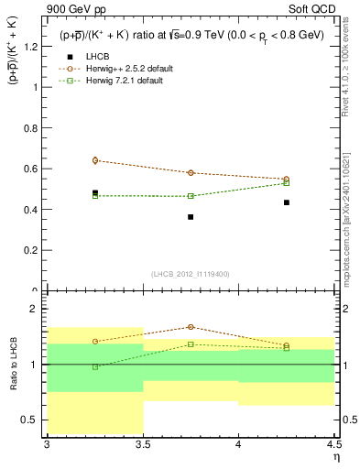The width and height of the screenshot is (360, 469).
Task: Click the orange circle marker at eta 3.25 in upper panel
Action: coord(95,160)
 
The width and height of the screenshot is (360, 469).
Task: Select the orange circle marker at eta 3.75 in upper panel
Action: coord(191,172)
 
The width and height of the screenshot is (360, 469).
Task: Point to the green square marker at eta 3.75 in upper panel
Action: coord(191,196)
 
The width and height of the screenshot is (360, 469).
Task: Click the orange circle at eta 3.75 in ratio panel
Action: coord(191,327)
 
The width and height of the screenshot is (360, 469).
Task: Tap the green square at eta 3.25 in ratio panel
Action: coord(95,366)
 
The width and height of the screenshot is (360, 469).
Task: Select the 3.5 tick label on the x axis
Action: coord(143,444)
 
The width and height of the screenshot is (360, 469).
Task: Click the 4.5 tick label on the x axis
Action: coord(333,444)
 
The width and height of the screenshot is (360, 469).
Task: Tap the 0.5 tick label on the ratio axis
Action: coord(31,420)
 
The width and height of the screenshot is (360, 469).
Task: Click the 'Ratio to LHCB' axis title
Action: coord(13,365)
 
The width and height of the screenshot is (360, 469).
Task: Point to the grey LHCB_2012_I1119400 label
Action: coord(191,274)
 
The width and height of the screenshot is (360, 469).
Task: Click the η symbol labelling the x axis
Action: coord(335,456)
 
